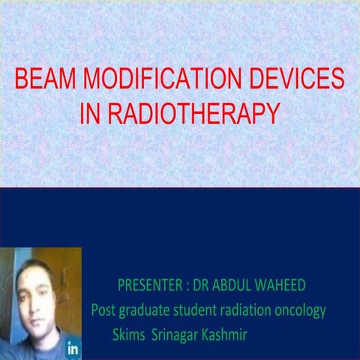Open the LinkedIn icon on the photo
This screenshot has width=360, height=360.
pos(73,349)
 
